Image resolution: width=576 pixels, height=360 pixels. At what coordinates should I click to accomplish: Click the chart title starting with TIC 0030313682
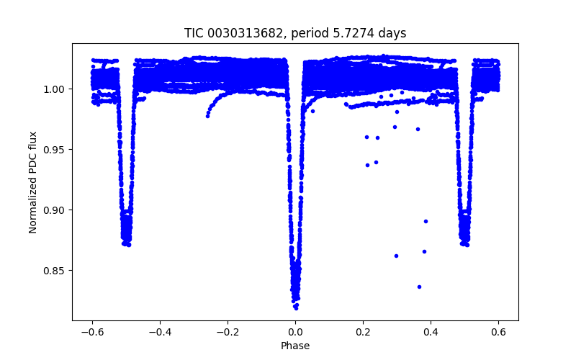[x=295, y=33]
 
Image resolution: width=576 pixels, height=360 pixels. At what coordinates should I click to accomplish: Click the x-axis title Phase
[x=295, y=346]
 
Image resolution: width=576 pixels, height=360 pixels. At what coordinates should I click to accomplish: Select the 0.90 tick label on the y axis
[x=56, y=210]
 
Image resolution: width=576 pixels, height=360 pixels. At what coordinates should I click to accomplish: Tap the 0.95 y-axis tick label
[x=56, y=150]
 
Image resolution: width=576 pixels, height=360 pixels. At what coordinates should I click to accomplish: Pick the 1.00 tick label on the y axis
[x=56, y=89]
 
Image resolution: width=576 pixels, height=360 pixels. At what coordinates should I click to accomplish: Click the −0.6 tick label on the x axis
[x=91, y=333]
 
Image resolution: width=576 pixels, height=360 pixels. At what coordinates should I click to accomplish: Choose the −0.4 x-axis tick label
[x=159, y=333]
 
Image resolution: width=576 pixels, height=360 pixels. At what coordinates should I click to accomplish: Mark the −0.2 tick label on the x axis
[x=227, y=333]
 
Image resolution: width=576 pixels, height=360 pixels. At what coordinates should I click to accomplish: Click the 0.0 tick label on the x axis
[x=295, y=333]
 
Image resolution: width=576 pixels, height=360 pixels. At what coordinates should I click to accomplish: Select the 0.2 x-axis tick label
[x=363, y=333]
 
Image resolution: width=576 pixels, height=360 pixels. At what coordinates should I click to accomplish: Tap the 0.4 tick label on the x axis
[x=431, y=333]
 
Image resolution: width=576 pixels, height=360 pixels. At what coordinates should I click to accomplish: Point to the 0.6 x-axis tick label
[x=498, y=333]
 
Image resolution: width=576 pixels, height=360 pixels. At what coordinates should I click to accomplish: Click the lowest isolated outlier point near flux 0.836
[x=419, y=287]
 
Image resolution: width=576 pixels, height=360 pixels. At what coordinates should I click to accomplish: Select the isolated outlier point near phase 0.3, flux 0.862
[x=396, y=256]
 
